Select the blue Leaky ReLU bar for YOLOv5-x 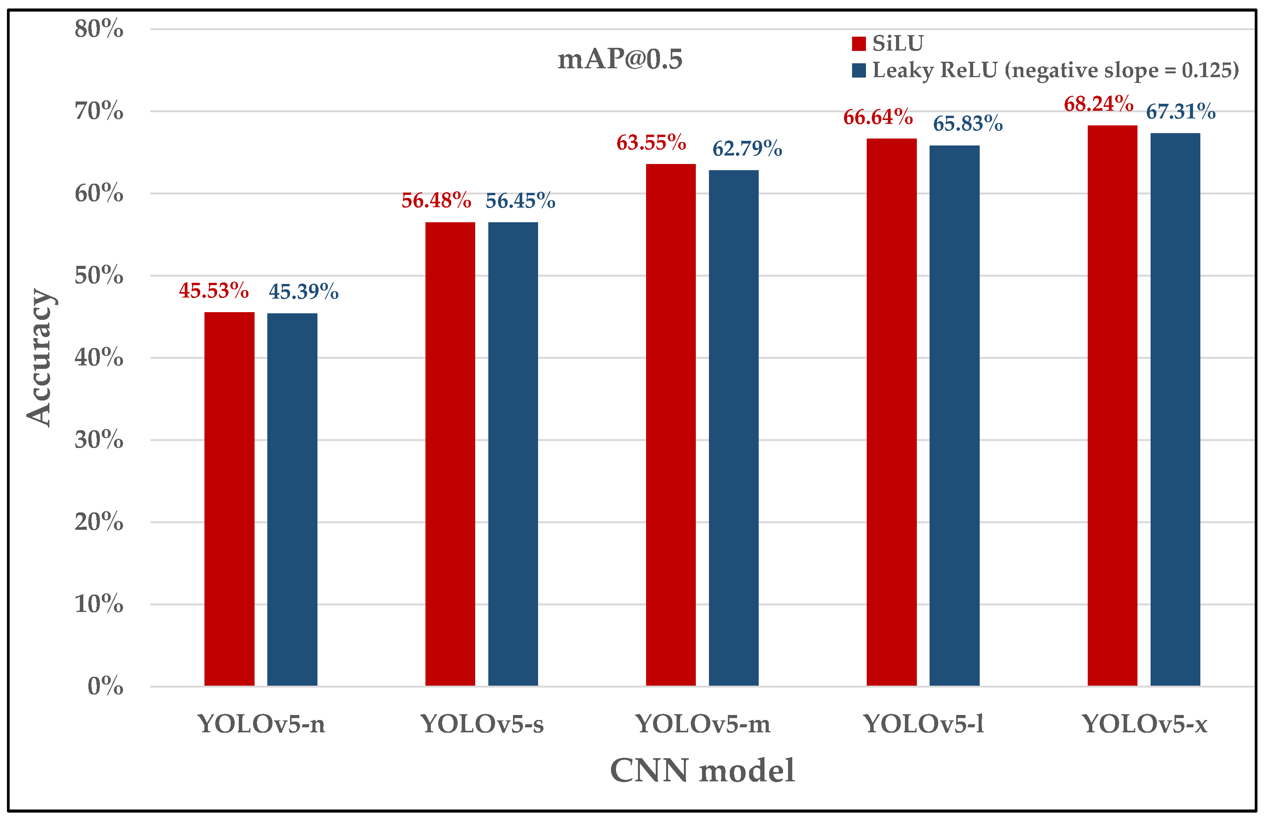click(1175, 409)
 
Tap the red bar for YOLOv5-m click(670, 425)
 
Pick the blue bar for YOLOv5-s click(513, 454)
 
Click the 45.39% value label click(303, 292)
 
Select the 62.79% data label click(747, 149)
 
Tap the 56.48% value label click(436, 201)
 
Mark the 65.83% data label click(967, 124)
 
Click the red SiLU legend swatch click(858, 44)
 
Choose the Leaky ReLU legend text click(1055, 70)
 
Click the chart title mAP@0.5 click(619, 59)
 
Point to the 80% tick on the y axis click(99, 29)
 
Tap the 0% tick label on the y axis click(105, 686)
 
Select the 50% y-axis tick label click(99, 275)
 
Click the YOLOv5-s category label click(482, 724)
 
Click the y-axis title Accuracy click(39, 357)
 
